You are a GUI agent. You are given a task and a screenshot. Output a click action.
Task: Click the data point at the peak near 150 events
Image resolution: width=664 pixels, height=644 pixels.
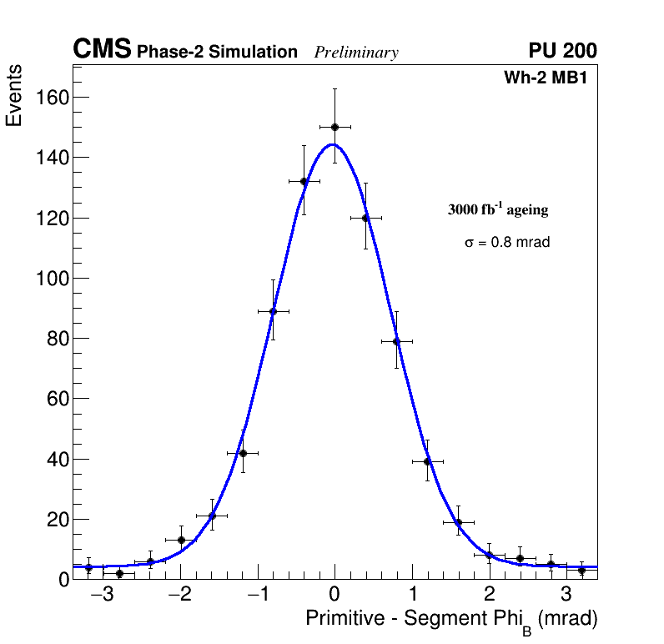[x=335, y=127]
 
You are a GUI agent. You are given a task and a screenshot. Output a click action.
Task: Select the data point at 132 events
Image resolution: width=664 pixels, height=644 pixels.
[x=304, y=181]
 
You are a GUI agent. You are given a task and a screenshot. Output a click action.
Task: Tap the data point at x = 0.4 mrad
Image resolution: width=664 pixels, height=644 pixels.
[x=365, y=218]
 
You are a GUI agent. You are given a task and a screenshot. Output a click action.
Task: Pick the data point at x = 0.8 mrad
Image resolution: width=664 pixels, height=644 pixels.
[x=396, y=340]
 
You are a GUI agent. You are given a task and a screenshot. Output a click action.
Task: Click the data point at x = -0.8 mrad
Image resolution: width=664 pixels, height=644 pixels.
[x=273, y=311]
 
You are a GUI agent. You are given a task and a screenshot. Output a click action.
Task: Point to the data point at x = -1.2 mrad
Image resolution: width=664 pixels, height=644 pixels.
[x=243, y=453]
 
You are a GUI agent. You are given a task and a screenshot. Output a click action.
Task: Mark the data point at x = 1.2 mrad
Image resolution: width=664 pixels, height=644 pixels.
[x=427, y=461]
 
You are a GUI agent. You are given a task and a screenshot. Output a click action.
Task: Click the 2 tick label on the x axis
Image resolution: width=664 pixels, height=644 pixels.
[x=489, y=595]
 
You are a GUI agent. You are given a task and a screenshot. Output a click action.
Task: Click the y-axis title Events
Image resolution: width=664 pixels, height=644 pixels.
[x=14, y=95]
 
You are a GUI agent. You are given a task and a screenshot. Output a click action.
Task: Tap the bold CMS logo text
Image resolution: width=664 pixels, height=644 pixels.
[x=102, y=50]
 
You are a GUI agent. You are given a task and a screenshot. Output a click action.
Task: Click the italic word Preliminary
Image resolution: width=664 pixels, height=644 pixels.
[x=356, y=53]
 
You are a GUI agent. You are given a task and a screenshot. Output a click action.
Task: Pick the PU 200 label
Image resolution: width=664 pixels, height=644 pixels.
[x=562, y=51]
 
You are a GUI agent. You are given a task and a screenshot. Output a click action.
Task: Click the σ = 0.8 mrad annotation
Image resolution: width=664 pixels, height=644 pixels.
[x=507, y=243]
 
